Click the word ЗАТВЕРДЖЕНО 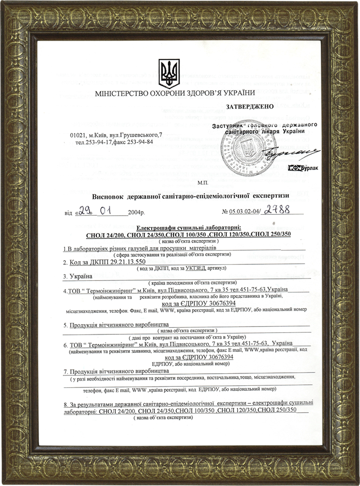(250, 105)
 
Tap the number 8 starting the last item (65, 404)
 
